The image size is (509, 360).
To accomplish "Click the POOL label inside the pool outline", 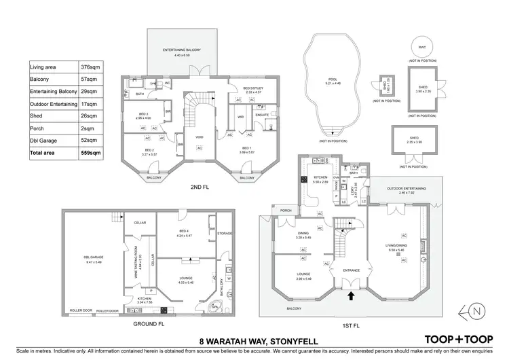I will pos(333,79).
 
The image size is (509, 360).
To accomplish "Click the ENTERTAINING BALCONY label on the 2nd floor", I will pos(179,51).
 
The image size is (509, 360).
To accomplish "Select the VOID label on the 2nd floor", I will pos(200,137).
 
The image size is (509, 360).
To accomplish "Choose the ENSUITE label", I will pos(261,115).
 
